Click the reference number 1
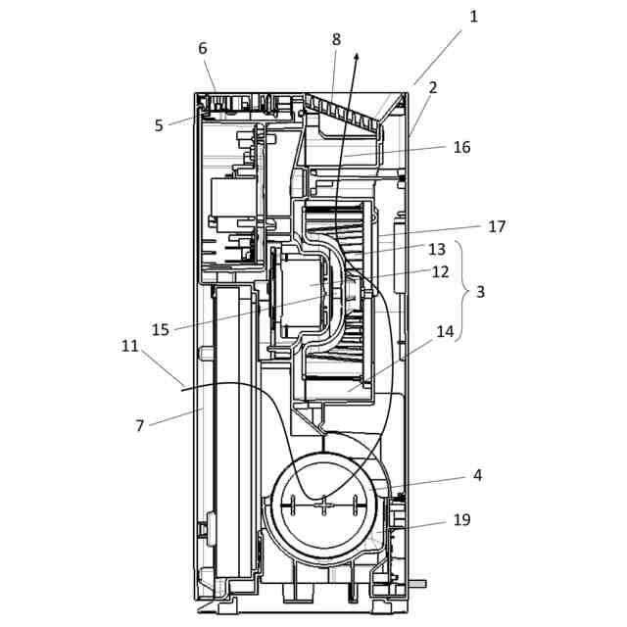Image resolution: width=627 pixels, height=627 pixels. click(474, 17)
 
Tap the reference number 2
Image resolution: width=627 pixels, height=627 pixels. click(432, 87)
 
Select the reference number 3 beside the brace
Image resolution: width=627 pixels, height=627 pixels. click(480, 292)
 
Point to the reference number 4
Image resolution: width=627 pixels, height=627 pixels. click(477, 475)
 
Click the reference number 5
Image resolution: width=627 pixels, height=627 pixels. click(159, 125)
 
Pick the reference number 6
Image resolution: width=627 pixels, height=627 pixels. click(203, 48)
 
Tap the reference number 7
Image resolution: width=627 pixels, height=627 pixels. click(140, 425)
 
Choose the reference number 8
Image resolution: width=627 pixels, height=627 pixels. click(336, 40)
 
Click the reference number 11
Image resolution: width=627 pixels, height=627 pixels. click(130, 346)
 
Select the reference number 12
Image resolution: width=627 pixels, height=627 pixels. click(440, 271)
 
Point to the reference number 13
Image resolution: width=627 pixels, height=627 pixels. click(437, 249)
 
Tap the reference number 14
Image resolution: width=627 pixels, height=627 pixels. click(445, 331)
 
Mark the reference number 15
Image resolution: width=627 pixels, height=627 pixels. click(161, 329)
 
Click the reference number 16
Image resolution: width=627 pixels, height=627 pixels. click(461, 147)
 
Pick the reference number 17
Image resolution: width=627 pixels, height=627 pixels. click(497, 226)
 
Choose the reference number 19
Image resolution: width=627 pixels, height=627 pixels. click(461, 519)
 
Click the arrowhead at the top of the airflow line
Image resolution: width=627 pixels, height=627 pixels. click(357, 58)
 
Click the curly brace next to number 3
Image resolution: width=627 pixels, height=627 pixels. click(461, 292)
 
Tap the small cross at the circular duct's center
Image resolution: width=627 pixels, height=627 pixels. click(323, 504)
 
